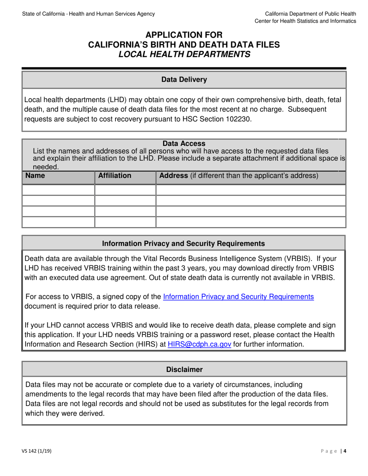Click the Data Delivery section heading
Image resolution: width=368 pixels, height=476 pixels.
[184, 80]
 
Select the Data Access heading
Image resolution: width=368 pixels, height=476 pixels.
[184, 144]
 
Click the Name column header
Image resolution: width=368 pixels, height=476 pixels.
[35, 176]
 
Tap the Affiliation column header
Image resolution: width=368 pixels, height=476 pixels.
[115, 176]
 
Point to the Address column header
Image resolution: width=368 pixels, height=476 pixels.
[239, 176]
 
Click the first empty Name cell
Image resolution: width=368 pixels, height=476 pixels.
[58, 190]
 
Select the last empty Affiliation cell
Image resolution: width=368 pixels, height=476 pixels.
[125, 222]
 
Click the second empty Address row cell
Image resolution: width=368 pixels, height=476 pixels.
[251, 201]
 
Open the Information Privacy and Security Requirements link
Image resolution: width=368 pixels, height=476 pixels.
[238, 297]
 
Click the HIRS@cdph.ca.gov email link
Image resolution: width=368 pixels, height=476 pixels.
[199, 344]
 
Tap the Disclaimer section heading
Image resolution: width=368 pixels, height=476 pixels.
[184, 370]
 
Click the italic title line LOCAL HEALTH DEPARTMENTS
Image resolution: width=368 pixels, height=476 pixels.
[184, 54]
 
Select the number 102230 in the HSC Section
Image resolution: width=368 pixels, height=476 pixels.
[238, 119]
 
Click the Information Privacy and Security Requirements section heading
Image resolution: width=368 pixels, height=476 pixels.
[183, 243]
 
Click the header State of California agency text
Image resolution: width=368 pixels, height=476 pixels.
[89, 14]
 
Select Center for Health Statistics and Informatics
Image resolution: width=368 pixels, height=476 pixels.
[305, 21]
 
